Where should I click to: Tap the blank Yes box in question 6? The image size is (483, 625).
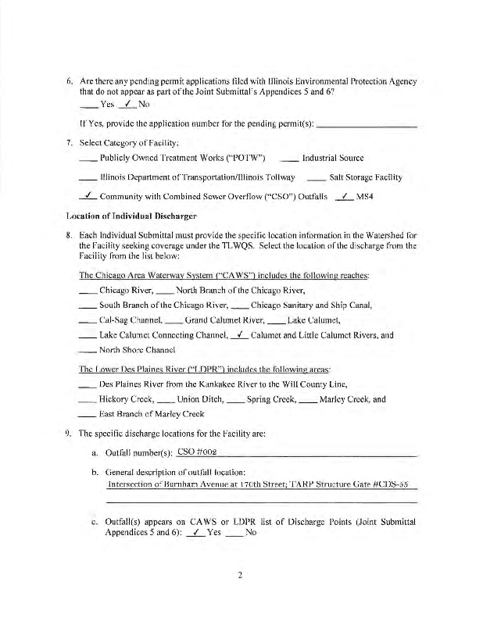[89, 104]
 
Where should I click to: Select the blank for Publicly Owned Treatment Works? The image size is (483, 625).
[89, 158]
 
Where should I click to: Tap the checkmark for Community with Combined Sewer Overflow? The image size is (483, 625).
[89, 197]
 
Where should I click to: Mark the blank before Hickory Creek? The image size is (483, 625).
[88, 398]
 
